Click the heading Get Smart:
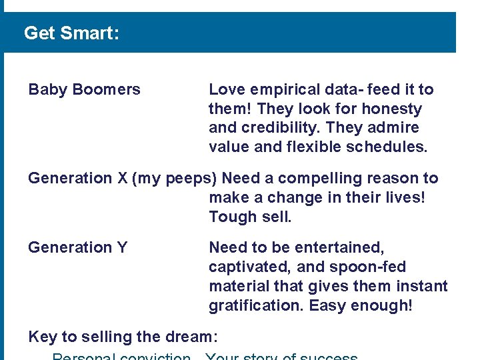pyautogui.click(x=71, y=33)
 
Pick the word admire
pyautogui.click(x=395, y=128)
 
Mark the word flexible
pyautogui.click(x=313, y=147)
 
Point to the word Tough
pyautogui.click(x=229, y=217)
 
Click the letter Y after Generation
pyautogui.click(x=122, y=247)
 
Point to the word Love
pyautogui.click(x=225, y=89)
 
